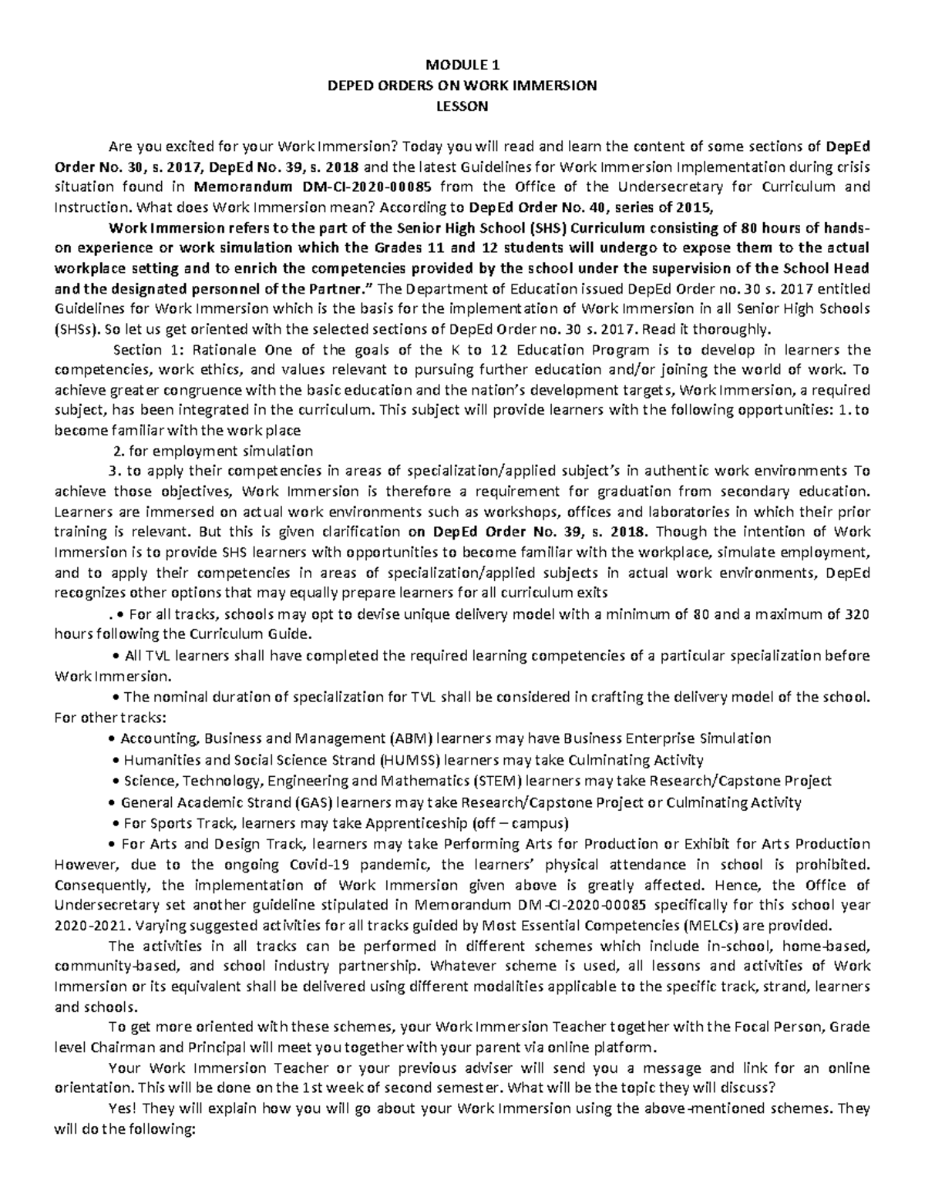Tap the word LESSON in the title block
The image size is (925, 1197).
pyautogui.click(x=462, y=106)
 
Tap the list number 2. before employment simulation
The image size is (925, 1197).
pyautogui.click(x=117, y=450)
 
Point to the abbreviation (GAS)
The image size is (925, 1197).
pyautogui.click(x=346, y=802)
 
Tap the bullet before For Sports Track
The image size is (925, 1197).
pyautogui.click(x=116, y=822)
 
